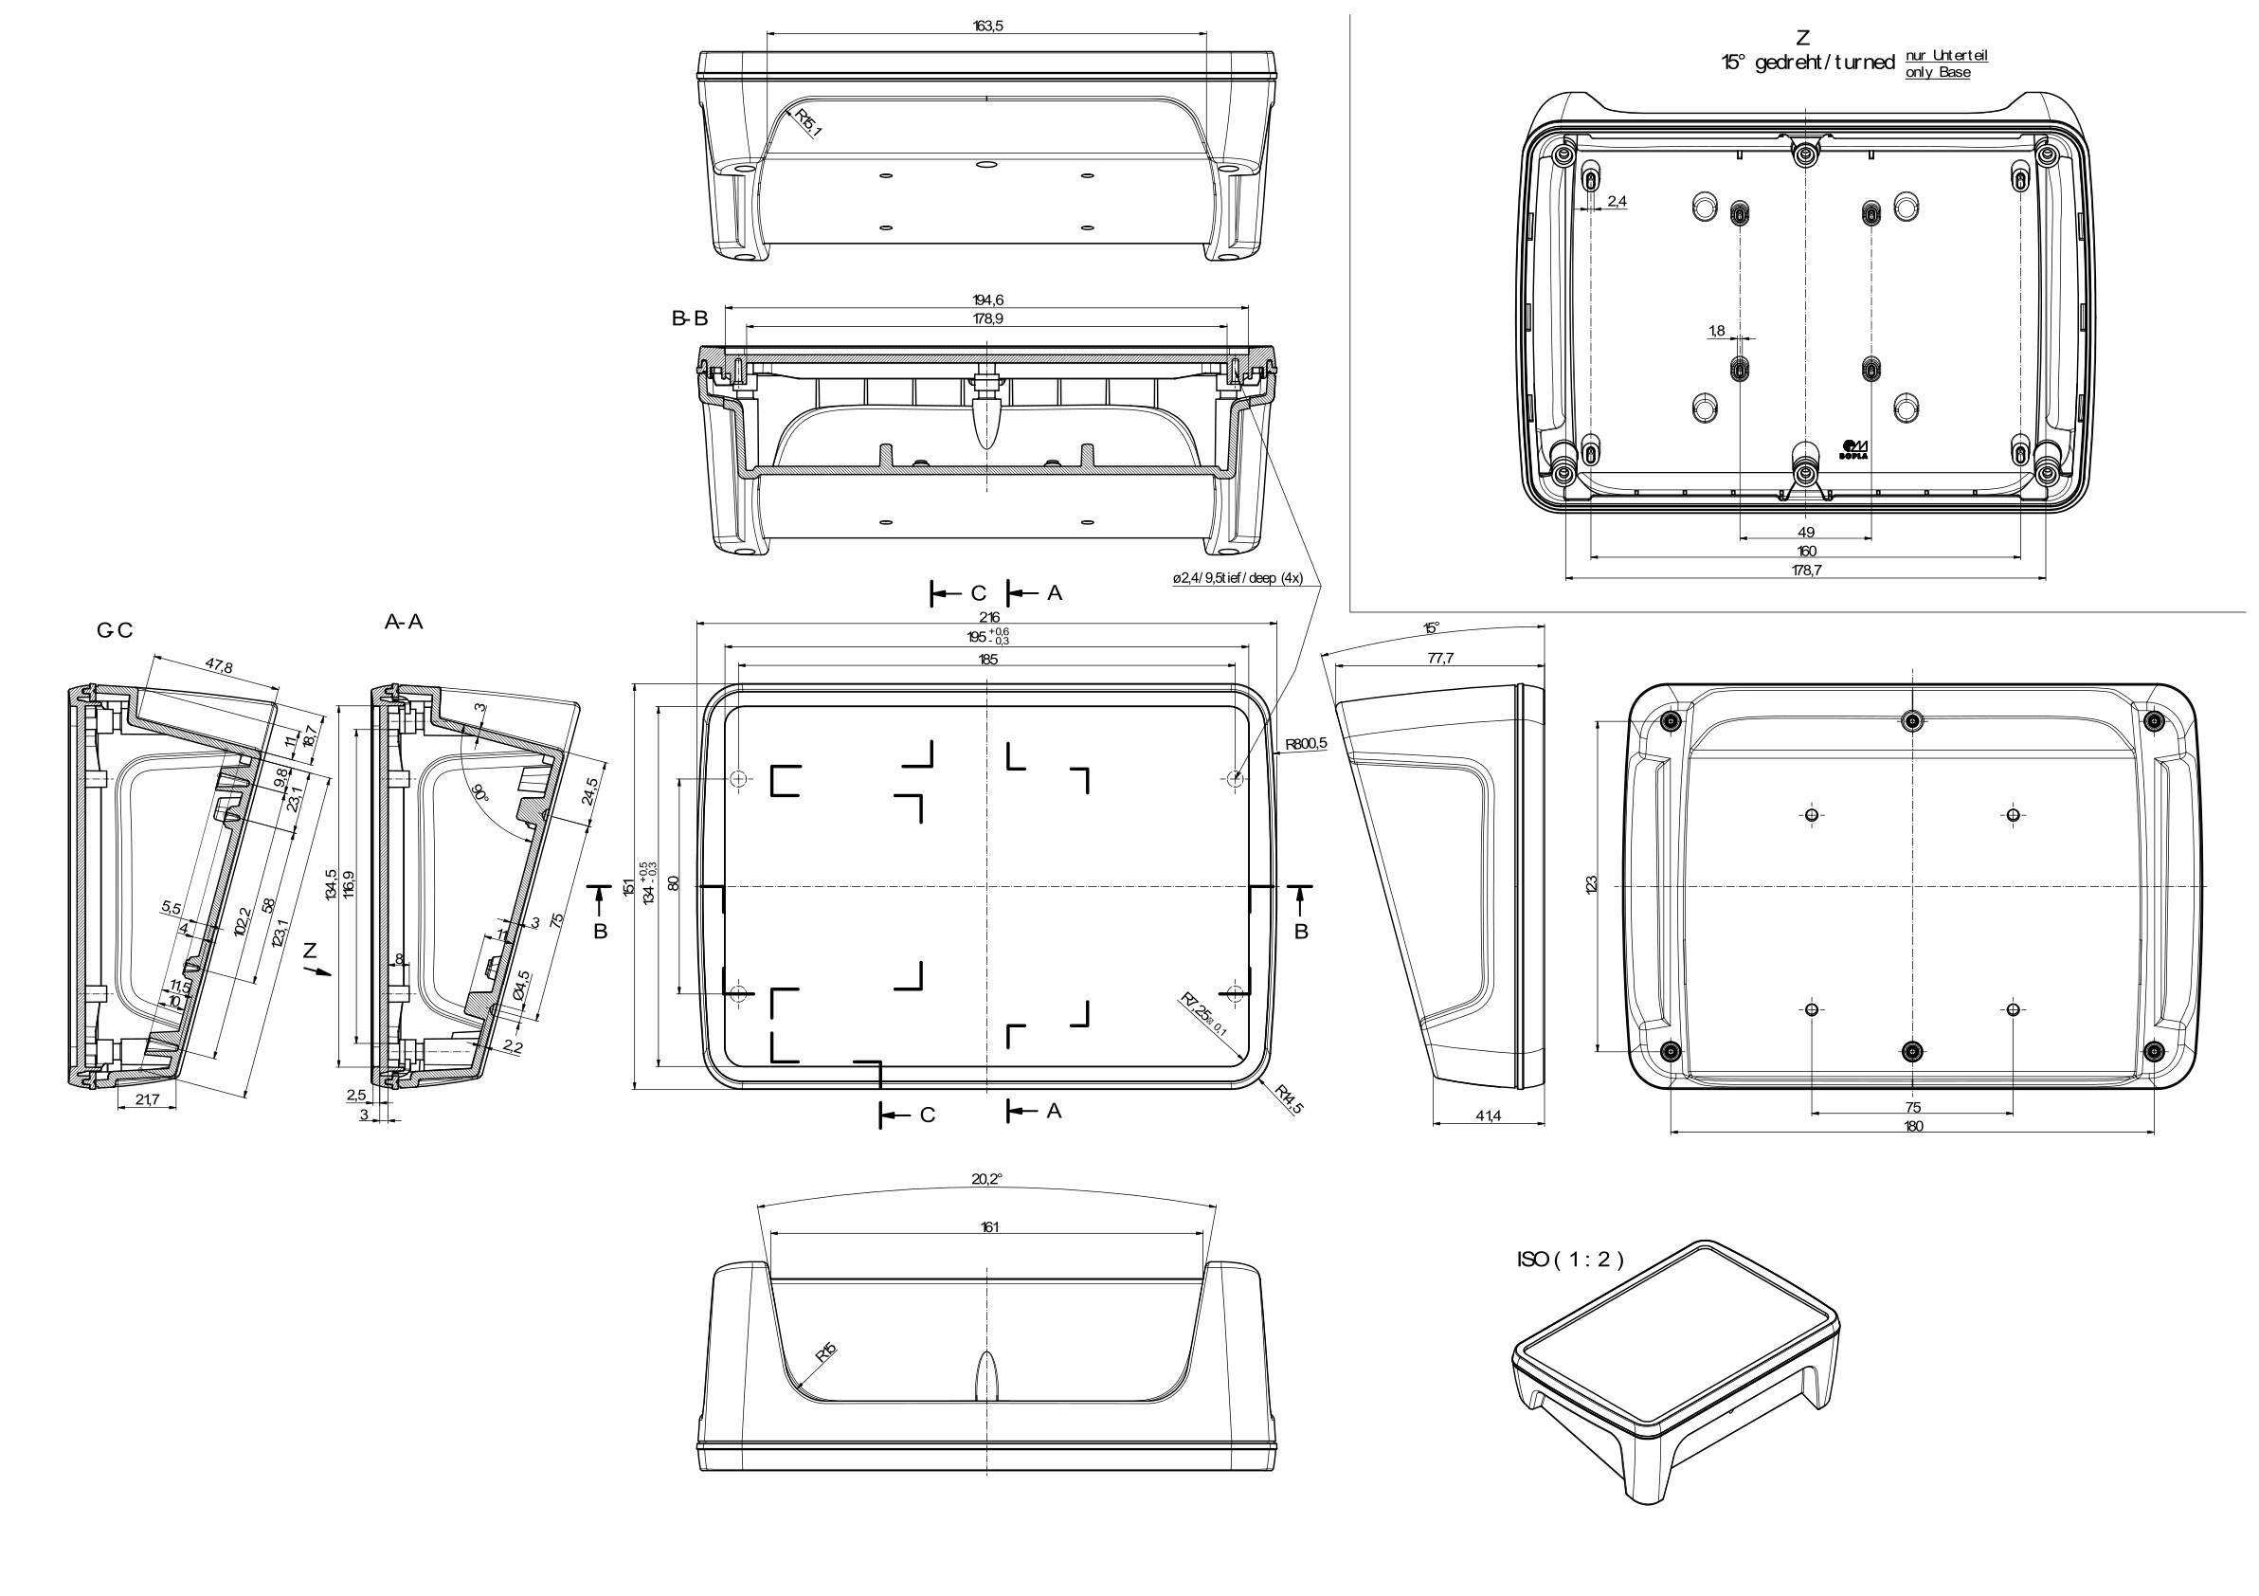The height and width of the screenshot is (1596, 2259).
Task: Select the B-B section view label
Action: pos(690,318)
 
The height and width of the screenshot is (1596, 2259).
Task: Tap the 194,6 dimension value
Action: pos(986,299)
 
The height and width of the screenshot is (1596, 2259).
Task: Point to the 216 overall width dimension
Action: pos(986,617)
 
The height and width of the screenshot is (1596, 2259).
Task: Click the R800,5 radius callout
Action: pos(1306,744)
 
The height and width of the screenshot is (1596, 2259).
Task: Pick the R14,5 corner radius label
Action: pos(1289,1098)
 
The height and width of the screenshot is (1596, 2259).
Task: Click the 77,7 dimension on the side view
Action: pos(1439,659)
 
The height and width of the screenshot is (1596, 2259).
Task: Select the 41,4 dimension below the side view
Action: pos(1488,1115)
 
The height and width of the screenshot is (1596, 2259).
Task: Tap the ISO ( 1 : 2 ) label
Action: pos(1570,1259)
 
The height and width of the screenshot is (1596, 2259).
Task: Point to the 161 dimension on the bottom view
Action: pos(986,1226)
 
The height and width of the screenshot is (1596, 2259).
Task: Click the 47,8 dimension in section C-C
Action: pos(219,666)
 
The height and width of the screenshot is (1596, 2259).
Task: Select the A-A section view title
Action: pos(404,622)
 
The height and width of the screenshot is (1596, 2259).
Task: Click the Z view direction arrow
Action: pos(316,970)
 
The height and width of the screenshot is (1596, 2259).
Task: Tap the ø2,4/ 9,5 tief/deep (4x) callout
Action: pos(1237,577)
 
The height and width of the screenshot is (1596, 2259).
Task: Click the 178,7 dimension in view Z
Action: pos(1806,570)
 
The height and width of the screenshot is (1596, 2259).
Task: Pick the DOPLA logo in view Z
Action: pos(1853,449)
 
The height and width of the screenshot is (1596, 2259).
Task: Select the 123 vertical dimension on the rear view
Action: pos(1591,883)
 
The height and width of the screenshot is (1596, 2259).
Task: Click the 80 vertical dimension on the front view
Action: pos(674,882)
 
